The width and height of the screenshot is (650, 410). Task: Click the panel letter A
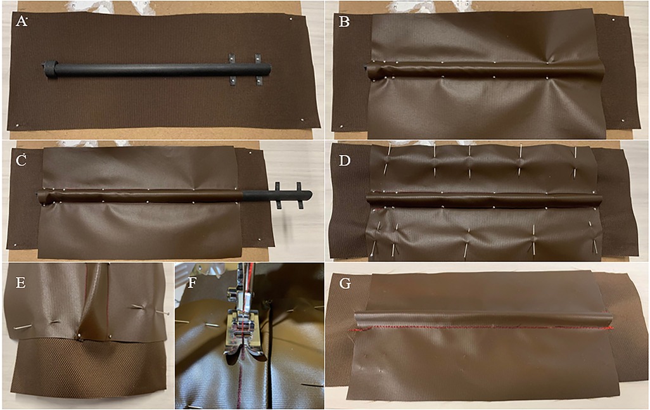(x=22, y=21)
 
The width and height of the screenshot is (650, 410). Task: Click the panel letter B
(x=344, y=21)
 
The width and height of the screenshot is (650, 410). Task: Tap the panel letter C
(x=21, y=160)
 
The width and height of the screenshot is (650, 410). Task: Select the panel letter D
(x=345, y=160)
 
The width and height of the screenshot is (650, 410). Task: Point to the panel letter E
(x=20, y=283)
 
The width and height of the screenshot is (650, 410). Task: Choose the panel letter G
(x=345, y=283)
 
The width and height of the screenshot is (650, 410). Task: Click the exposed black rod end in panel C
(x=277, y=195)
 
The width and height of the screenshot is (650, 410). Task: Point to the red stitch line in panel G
(x=481, y=328)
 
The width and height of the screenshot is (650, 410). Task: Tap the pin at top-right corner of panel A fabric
(x=292, y=19)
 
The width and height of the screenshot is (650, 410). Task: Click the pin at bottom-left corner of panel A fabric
(x=17, y=125)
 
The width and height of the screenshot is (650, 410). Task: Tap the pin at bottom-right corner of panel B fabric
(x=623, y=120)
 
